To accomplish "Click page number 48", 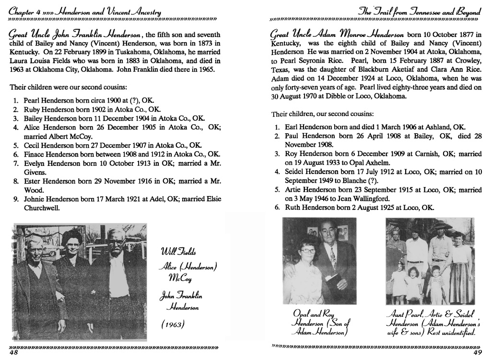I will (14, 353).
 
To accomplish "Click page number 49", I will (477, 353).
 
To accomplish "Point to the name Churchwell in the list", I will (44, 208).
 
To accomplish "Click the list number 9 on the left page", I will (16, 199).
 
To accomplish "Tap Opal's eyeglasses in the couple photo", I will (308, 251).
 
